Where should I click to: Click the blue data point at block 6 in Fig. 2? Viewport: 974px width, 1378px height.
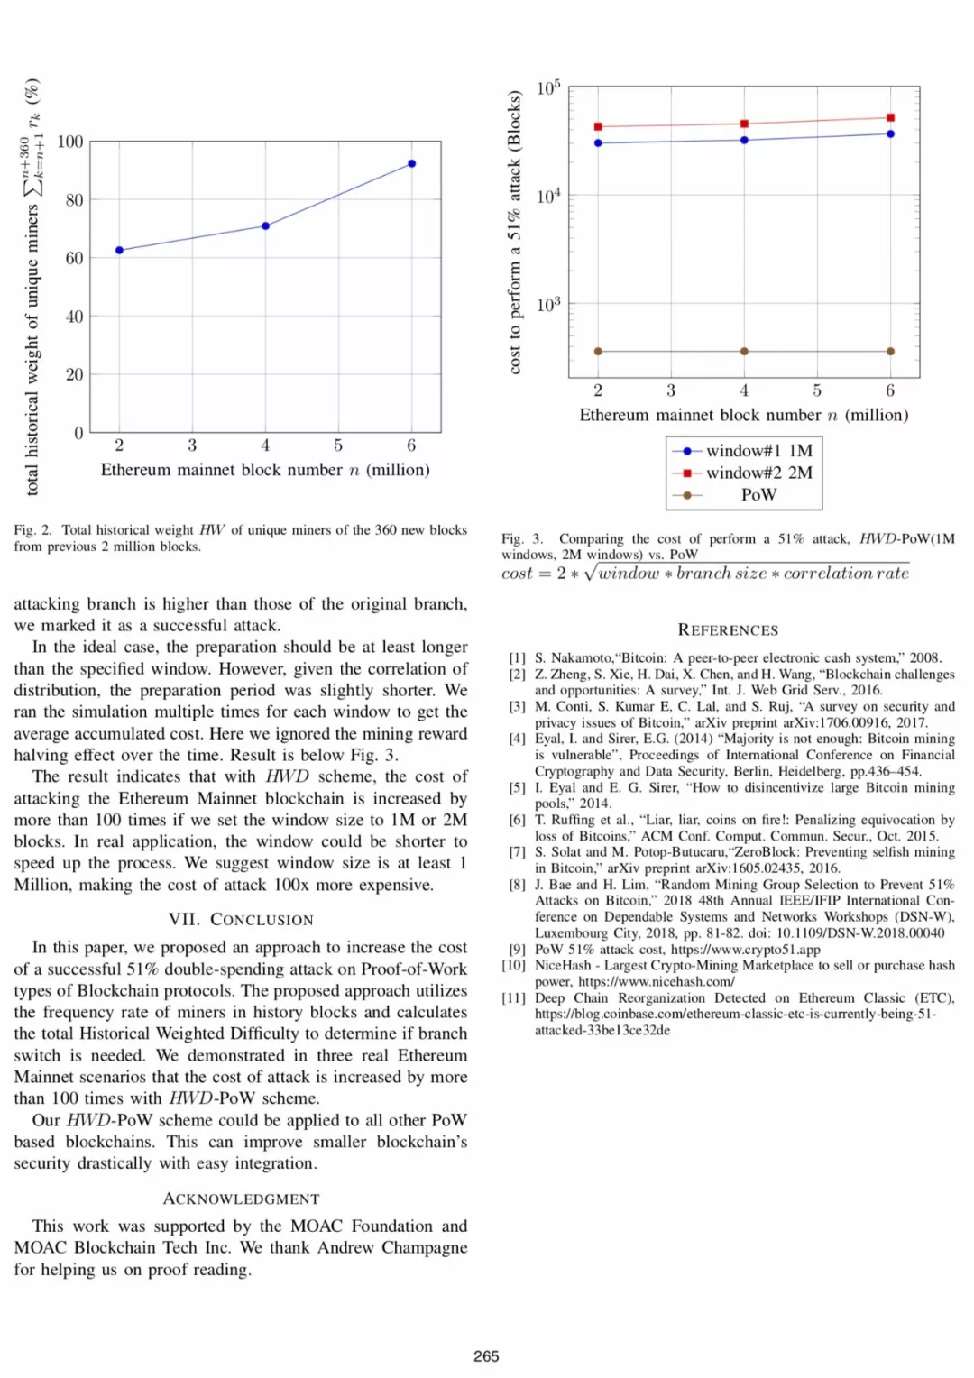click(411, 164)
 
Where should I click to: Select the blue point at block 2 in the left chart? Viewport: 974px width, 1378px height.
click(119, 250)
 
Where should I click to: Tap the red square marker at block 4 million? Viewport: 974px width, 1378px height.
click(744, 124)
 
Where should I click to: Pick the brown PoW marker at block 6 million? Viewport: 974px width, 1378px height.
click(890, 352)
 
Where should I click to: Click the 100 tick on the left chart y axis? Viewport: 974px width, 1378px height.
click(69, 142)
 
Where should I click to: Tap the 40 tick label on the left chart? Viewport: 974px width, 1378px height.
click(74, 317)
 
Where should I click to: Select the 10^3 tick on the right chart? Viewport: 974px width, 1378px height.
click(547, 305)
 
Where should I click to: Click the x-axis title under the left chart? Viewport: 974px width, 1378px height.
click(265, 470)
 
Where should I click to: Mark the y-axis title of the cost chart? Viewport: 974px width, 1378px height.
click(514, 232)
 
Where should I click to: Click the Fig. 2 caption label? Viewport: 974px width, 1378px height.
click(32, 530)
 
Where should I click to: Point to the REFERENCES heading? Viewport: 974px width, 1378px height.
click(728, 630)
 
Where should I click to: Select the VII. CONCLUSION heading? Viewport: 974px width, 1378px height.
click(241, 920)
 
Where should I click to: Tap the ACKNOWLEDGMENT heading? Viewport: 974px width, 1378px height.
click(241, 1199)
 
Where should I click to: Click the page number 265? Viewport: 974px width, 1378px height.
click(486, 1356)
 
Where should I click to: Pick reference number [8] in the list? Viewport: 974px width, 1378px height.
click(517, 885)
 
